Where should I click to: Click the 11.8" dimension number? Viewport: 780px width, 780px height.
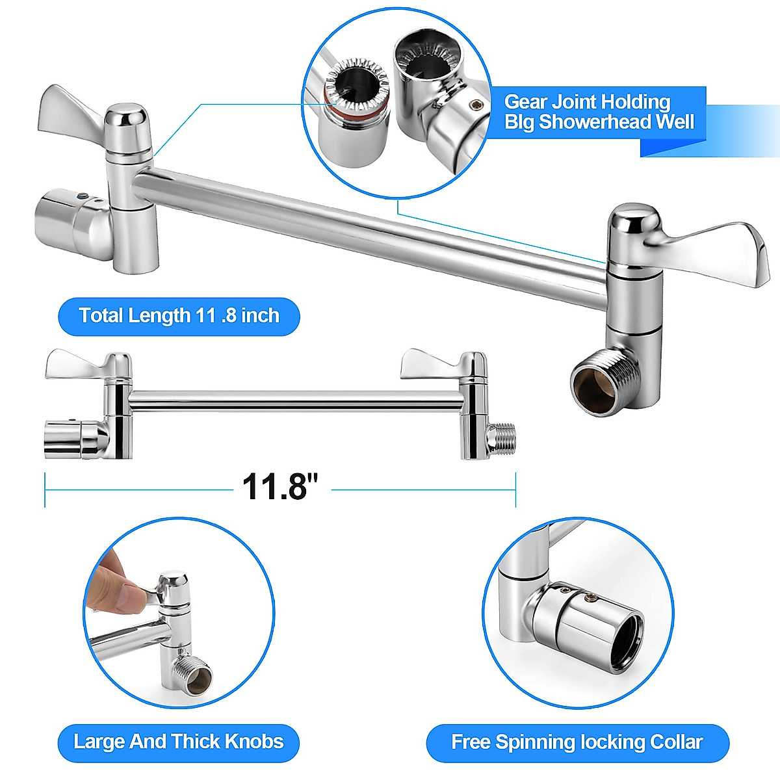(x=280, y=486)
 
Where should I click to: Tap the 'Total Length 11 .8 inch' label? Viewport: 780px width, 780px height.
(x=179, y=316)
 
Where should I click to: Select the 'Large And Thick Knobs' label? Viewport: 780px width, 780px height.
(x=179, y=742)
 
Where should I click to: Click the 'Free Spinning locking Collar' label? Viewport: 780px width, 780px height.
(x=577, y=742)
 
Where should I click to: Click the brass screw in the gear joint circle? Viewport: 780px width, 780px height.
(x=477, y=103)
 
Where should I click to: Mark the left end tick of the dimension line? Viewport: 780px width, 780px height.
(x=45, y=489)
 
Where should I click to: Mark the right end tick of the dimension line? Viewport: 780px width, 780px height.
(x=515, y=489)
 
